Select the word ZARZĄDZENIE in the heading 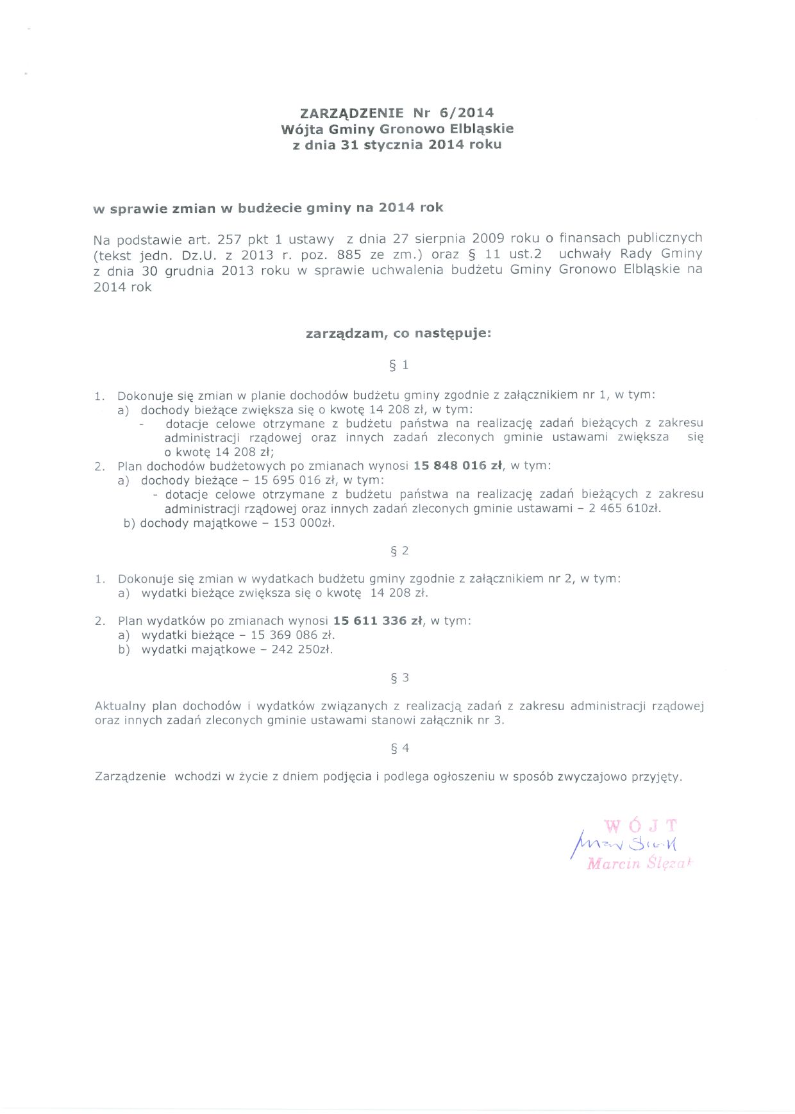[x=352, y=113]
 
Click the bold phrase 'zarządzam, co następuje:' [x=398, y=333]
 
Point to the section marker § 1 [x=399, y=365]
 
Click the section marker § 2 [x=399, y=551]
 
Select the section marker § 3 [x=399, y=678]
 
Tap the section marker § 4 [x=399, y=748]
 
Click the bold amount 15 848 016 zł [x=458, y=465]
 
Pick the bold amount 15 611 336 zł [x=378, y=620]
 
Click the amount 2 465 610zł [x=624, y=508]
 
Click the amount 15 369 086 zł [x=292, y=635]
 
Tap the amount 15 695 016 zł [x=296, y=480]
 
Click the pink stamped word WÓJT [x=640, y=826]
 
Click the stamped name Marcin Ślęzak [x=639, y=863]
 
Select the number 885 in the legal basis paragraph [x=349, y=254]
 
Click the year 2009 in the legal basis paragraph [x=488, y=239]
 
